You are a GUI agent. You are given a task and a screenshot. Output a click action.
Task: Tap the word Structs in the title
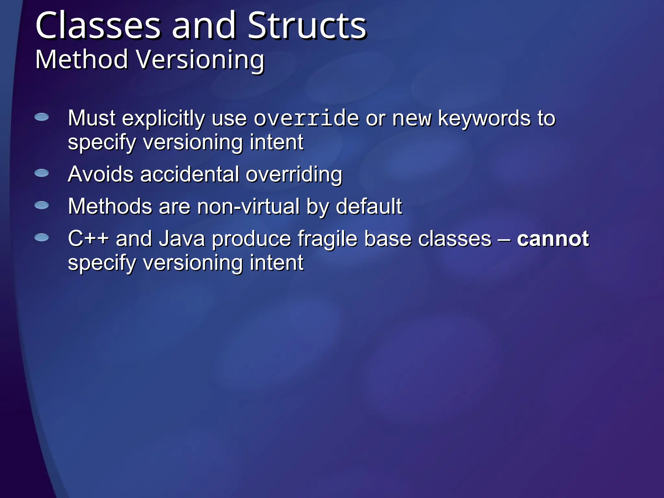(307, 26)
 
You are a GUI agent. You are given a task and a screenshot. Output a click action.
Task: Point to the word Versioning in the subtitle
(200, 60)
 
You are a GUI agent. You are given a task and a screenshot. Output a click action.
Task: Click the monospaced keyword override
(306, 118)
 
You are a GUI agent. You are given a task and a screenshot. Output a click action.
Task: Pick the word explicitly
(163, 119)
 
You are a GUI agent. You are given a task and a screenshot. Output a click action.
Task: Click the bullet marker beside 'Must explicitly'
(41, 117)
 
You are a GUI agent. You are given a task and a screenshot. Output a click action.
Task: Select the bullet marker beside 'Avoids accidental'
(41, 173)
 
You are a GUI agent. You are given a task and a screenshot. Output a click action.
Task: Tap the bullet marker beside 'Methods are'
(41, 205)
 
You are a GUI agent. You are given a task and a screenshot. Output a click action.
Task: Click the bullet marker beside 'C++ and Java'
(41, 238)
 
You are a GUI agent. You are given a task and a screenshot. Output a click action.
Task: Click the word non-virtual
(248, 207)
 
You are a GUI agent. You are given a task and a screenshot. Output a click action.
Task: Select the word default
(369, 207)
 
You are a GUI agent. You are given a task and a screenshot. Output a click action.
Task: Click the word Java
(182, 239)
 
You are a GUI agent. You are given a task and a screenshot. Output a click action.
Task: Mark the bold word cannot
(552, 239)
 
